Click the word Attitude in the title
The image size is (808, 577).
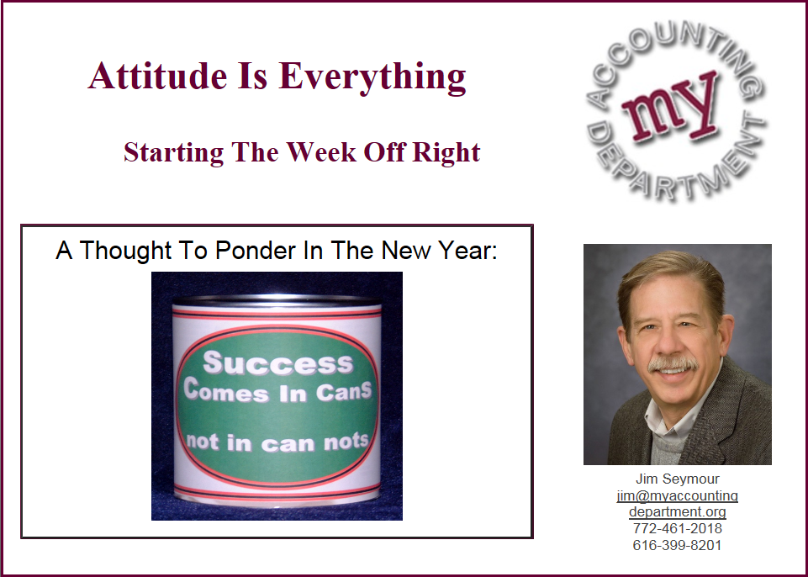[158, 76]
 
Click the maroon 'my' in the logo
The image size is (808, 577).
[671, 108]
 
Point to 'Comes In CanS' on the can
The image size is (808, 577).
[277, 391]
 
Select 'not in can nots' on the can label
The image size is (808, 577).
[277, 442]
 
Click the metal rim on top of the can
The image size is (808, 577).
[277, 300]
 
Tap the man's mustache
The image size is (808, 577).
[673, 363]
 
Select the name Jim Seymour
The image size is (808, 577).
[677, 479]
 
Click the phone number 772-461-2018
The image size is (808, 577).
[677, 528]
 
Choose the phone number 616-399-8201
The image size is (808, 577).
[677, 545]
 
